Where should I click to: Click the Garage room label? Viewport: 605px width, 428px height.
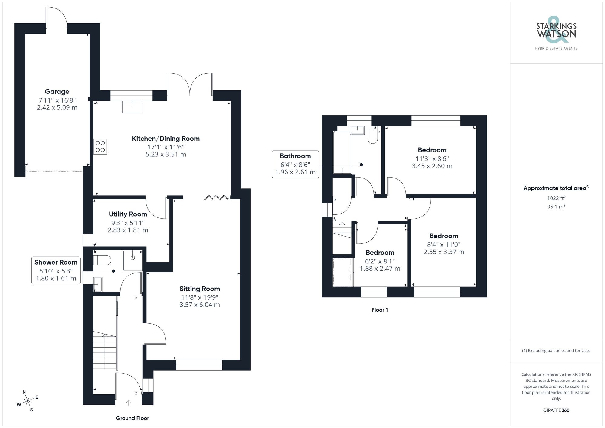point(57,92)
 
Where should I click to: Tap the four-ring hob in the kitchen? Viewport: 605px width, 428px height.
point(100,146)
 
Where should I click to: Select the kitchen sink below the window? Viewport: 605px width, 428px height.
point(132,107)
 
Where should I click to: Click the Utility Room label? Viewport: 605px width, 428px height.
point(128,214)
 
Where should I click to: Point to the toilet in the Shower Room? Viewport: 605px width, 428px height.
point(102,260)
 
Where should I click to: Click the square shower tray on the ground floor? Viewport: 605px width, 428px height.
point(132,260)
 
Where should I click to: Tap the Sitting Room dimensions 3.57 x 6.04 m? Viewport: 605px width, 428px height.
point(199,305)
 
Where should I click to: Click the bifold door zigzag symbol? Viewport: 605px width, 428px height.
point(217,198)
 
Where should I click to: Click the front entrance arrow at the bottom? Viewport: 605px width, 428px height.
point(129,402)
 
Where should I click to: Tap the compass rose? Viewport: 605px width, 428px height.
point(28,401)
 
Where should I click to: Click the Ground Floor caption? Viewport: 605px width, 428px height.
point(132,418)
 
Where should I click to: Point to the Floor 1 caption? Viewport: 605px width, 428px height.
point(379,310)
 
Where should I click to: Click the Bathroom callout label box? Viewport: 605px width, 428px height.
point(295,164)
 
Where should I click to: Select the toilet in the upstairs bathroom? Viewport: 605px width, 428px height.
point(373,135)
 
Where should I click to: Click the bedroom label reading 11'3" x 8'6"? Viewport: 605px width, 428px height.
point(432,158)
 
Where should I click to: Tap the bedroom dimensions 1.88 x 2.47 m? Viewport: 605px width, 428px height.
point(380,269)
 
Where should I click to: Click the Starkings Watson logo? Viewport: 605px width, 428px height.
point(556,33)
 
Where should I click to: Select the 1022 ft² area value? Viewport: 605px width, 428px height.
point(556,198)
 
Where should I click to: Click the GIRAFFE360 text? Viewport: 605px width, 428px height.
point(556,410)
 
